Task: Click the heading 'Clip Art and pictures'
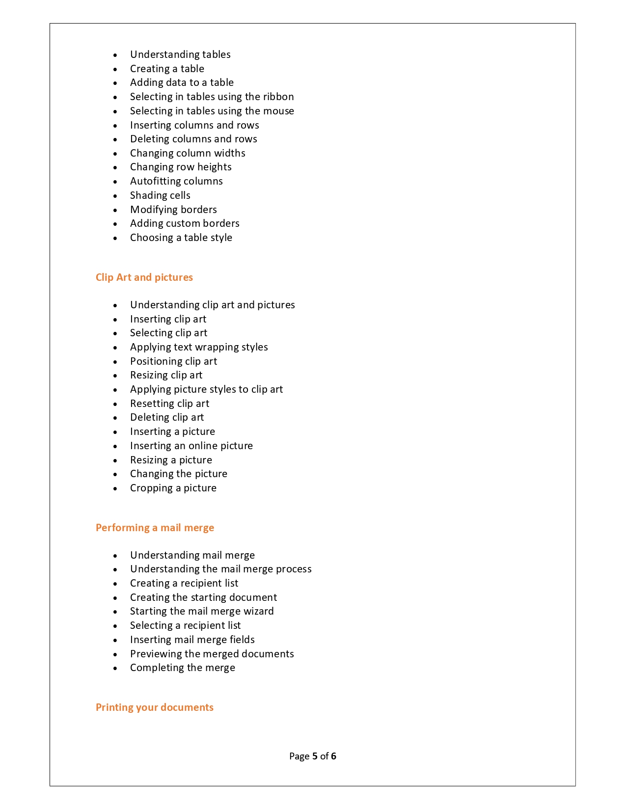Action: pyautogui.click(x=144, y=277)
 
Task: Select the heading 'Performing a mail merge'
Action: pyautogui.click(x=155, y=528)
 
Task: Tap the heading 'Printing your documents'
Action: pyautogui.click(x=154, y=707)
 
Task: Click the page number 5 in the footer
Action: pyautogui.click(x=315, y=756)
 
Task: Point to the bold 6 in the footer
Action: pyautogui.click(x=333, y=756)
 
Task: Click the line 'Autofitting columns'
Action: pyautogui.click(x=176, y=181)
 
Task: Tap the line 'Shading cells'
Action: pyautogui.click(x=160, y=195)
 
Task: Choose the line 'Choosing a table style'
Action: pyautogui.click(x=181, y=238)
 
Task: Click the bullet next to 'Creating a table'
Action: pyautogui.click(x=115, y=70)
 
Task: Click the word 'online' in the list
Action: pyautogui.click(x=203, y=446)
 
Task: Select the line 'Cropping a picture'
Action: pyautogui.click(x=173, y=488)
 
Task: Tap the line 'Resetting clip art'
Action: pyautogui.click(x=169, y=404)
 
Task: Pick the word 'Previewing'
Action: pyautogui.click(x=156, y=654)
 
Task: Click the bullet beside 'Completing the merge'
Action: pyautogui.click(x=115, y=669)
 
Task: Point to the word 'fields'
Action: pyautogui.click(x=242, y=640)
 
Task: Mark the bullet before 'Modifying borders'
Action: pyautogui.click(x=115, y=211)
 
